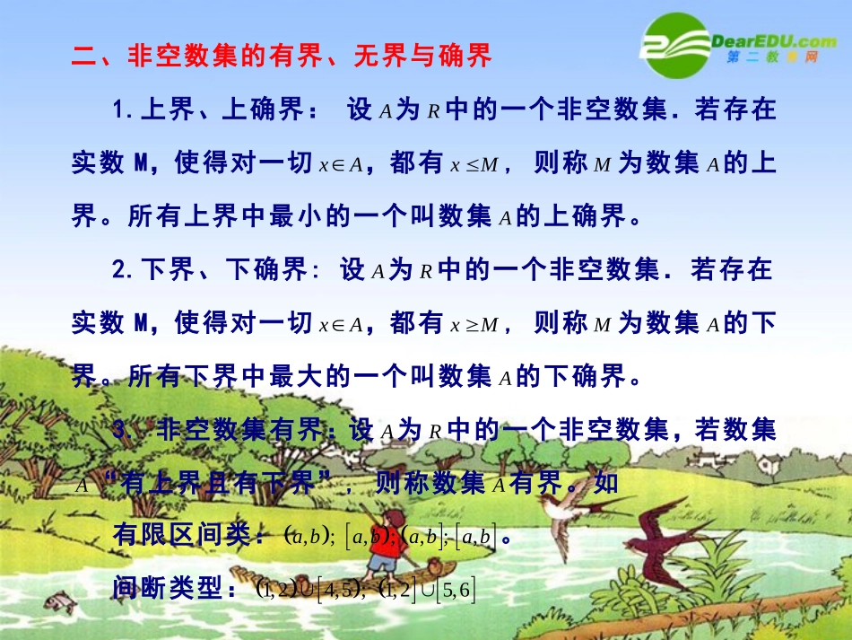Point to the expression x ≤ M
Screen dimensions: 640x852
point(474,164)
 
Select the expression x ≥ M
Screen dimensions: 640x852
point(474,324)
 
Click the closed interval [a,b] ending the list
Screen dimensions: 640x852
point(475,538)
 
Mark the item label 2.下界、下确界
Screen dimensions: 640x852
point(210,270)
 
